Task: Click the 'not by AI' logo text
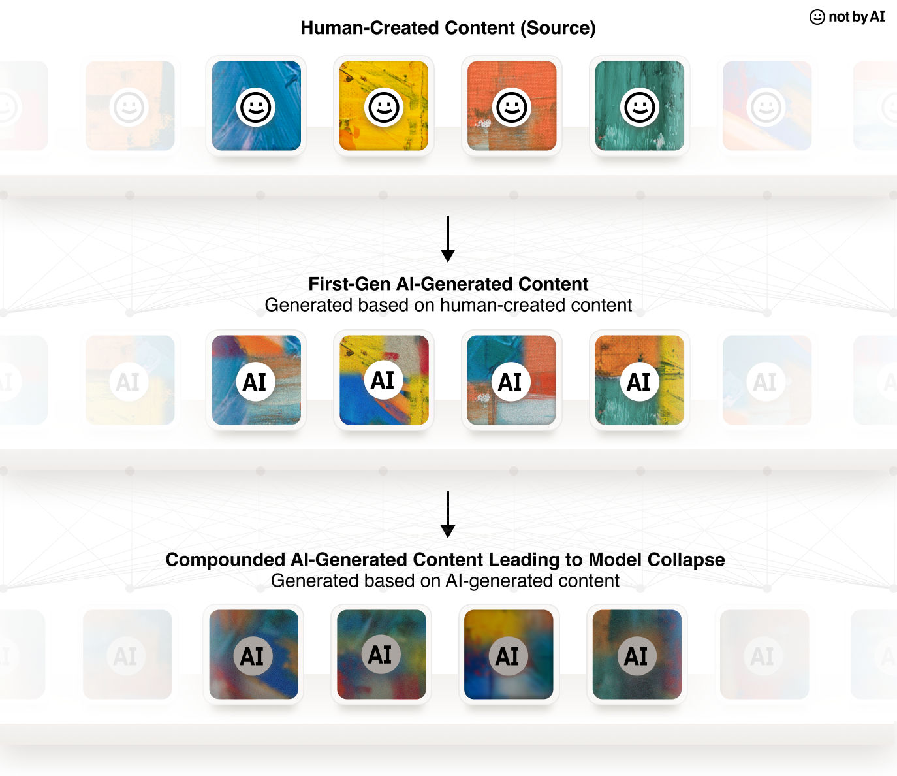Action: pos(857,16)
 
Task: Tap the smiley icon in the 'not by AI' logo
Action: pos(817,17)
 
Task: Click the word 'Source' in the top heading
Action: pos(558,28)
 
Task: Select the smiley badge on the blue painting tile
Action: pos(256,107)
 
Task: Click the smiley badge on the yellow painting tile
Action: pos(384,107)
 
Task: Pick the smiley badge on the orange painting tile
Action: pos(512,107)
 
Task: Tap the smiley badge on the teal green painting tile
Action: pos(640,107)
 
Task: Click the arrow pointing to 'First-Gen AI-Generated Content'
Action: pos(448,239)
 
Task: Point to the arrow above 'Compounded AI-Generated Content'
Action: pos(448,515)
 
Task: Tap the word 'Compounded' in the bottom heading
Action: pos(225,560)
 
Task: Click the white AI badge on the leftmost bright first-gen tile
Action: pos(256,381)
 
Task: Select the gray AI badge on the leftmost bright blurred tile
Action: pos(253,656)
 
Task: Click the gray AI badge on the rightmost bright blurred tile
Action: pos(637,656)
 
